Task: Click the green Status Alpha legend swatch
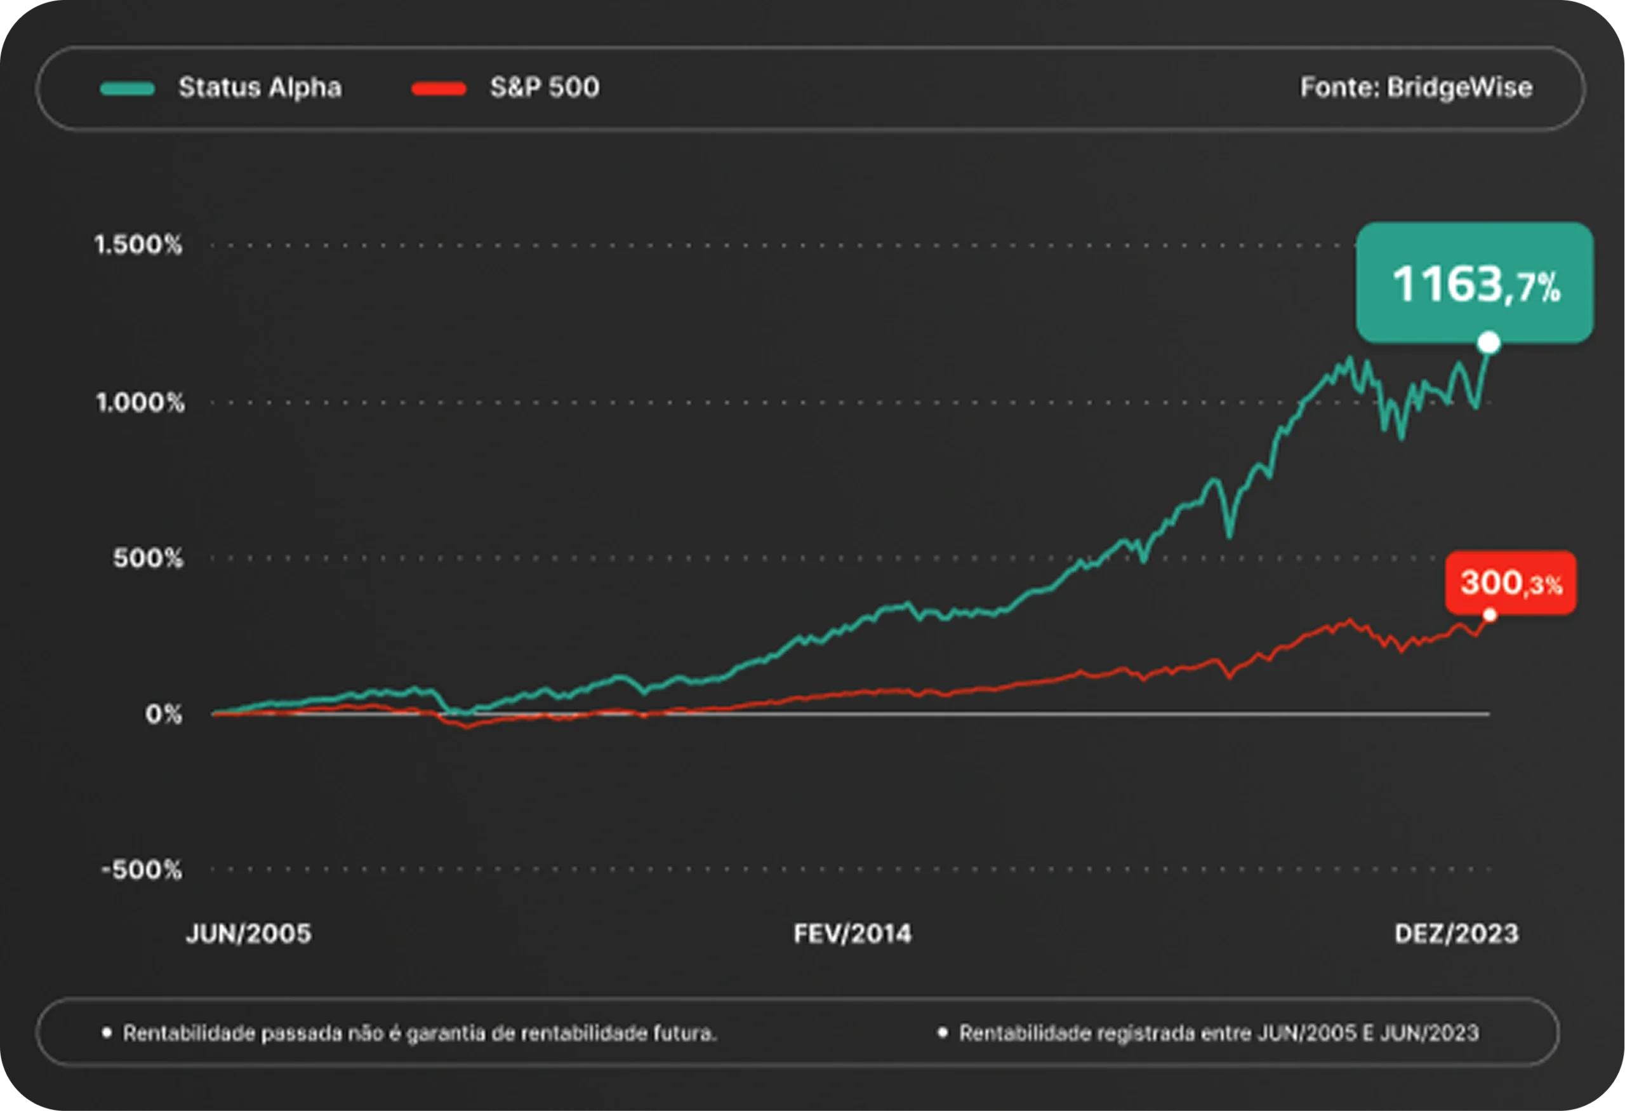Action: tap(126, 89)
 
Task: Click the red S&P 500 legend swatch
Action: tap(439, 89)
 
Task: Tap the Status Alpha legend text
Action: tap(260, 88)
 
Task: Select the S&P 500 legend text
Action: tap(544, 88)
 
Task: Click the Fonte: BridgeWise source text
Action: tap(1416, 88)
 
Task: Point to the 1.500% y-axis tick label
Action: tap(138, 245)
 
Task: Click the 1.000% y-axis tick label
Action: tap(139, 402)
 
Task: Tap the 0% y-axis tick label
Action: tap(163, 715)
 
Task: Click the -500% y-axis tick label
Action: tap(142, 870)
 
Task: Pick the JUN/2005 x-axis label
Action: tap(248, 934)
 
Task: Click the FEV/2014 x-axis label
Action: tap(852, 934)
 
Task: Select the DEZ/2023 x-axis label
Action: tap(1457, 934)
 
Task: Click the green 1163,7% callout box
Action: tap(1475, 283)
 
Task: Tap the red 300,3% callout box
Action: tap(1510, 582)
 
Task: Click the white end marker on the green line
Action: tap(1489, 343)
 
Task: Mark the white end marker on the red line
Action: tap(1489, 615)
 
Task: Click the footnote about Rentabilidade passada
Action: tap(420, 1034)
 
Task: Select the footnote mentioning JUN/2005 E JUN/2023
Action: tap(1218, 1034)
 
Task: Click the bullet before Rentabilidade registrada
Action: tap(943, 1032)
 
